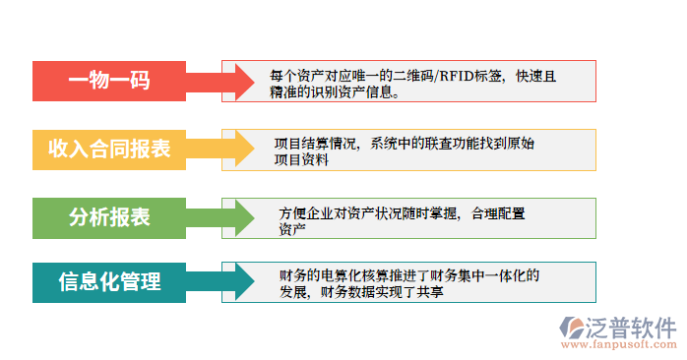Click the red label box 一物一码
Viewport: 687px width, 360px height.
coord(109,82)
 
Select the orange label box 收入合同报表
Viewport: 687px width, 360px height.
coord(109,150)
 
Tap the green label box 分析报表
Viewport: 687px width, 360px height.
coord(109,217)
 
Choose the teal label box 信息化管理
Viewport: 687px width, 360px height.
coord(109,282)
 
